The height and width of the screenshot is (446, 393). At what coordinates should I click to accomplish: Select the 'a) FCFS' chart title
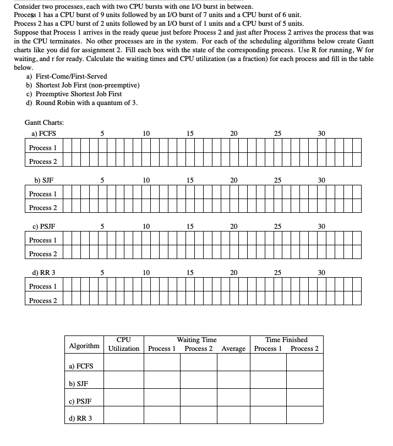pyautogui.click(x=44, y=134)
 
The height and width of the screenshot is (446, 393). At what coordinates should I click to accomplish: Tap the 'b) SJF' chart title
pyautogui.click(x=44, y=180)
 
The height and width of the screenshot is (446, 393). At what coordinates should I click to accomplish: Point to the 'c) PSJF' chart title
pyautogui.click(x=44, y=226)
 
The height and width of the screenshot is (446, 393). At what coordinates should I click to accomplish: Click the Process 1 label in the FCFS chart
pyautogui.click(x=43, y=148)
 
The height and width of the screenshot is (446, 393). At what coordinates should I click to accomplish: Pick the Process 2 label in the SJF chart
pyautogui.click(x=43, y=208)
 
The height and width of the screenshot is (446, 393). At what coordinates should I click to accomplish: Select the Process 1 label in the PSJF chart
pyautogui.click(x=43, y=240)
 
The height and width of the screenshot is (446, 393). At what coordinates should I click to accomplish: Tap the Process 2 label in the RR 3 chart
pyautogui.click(x=43, y=301)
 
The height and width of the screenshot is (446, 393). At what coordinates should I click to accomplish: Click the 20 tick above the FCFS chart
pyautogui.click(x=234, y=134)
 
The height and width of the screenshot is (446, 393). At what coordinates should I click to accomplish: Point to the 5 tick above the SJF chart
pyautogui.click(x=102, y=180)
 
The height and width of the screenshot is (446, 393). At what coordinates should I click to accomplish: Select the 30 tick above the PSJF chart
pyautogui.click(x=322, y=226)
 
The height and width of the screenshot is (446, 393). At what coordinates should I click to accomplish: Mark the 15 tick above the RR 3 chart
pyautogui.click(x=190, y=272)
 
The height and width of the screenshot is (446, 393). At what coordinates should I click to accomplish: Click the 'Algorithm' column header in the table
pyautogui.click(x=84, y=345)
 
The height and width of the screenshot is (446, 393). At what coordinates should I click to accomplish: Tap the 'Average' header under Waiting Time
pyautogui.click(x=234, y=349)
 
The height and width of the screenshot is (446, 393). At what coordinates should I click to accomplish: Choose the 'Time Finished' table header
pyautogui.click(x=286, y=340)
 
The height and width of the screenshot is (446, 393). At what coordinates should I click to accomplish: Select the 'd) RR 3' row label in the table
pyautogui.click(x=80, y=419)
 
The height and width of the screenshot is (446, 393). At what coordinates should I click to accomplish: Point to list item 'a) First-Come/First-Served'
pyautogui.click(x=67, y=76)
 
